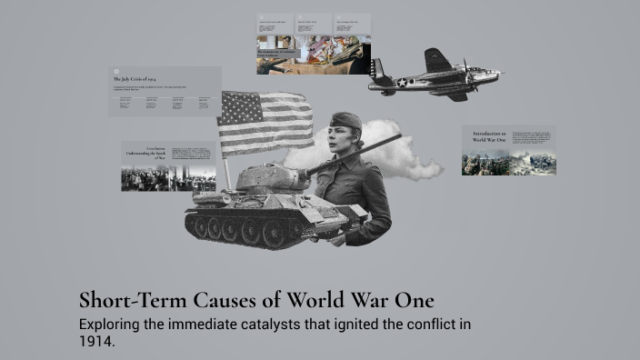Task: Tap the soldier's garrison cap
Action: [x=346, y=121]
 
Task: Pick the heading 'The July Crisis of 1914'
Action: [x=134, y=80]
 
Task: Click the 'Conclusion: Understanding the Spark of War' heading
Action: [x=145, y=152]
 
